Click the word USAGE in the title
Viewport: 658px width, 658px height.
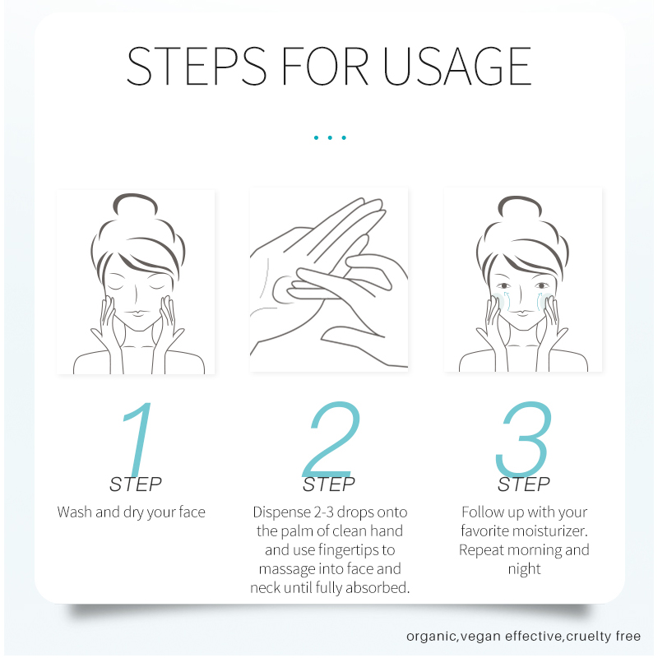457,66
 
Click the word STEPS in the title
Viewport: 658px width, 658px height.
197,66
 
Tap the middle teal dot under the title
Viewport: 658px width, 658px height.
330,137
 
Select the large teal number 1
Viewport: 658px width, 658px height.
137,438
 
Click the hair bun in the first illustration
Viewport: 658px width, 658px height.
135,204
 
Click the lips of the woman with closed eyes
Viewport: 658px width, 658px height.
136,313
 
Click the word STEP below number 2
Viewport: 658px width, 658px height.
329,484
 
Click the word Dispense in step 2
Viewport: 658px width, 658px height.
281,512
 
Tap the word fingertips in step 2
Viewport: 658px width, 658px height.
349,550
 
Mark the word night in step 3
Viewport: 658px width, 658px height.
524,569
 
